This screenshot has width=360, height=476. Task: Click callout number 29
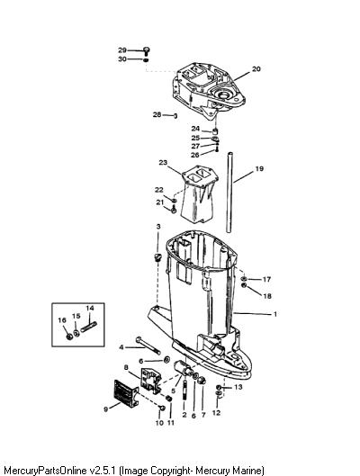point(122,50)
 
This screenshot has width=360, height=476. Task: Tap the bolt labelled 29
point(147,51)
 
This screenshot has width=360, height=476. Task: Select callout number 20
point(256,69)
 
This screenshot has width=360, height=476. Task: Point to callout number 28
point(157,115)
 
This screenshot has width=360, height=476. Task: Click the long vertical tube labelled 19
point(229,193)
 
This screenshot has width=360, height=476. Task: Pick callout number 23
point(163,163)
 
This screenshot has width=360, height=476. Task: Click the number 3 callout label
point(158,227)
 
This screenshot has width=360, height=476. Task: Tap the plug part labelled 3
point(157,256)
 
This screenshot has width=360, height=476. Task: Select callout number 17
point(266,279)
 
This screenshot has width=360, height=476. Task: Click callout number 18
point(267,296)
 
